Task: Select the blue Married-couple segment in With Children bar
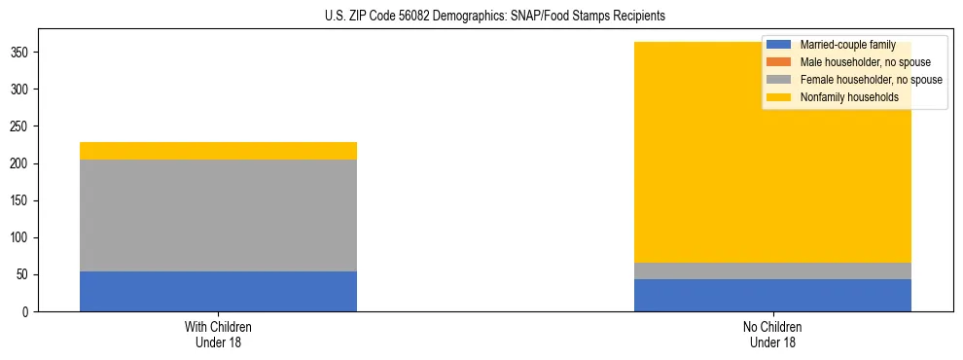tap(218, 291)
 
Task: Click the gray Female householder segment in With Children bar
tap(218, 215)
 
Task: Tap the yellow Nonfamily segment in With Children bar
tap(218, 151)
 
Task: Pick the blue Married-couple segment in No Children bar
tap(772, 295)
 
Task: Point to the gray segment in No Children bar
tap(772, 270)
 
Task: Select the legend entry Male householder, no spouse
tap(865, 62)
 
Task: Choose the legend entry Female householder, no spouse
tap(871, 80)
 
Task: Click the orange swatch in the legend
tap(780, 62)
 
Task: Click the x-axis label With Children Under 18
tap(218, 334)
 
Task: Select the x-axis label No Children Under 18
tap(772, 334)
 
